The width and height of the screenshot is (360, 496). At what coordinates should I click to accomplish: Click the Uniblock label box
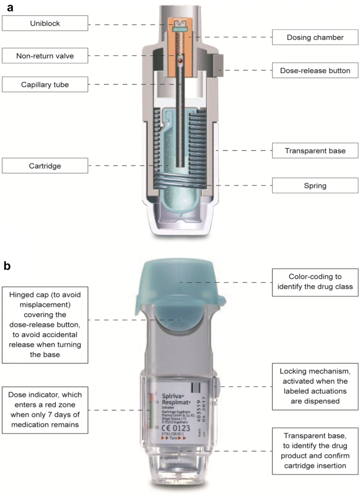coord(45,23)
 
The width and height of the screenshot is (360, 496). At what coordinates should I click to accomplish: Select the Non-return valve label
coord(45,55)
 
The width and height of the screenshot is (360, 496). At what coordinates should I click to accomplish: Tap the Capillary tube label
coord(45,84)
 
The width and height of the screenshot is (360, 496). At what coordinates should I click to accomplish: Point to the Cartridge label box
coord(45,166)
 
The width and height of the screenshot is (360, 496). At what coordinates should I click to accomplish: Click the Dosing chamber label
coord(314,37)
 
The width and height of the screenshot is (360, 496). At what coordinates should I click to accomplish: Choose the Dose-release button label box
coord(314,69)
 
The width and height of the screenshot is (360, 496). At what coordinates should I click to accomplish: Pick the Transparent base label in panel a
coord(314,151)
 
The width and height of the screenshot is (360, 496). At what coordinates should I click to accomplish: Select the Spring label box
coord(314,185)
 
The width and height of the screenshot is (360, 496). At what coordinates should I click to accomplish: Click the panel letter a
coord(7,7)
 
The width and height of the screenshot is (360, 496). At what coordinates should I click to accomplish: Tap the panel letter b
coord(7,266)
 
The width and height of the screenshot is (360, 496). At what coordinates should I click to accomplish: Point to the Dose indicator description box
coord(45,410)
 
